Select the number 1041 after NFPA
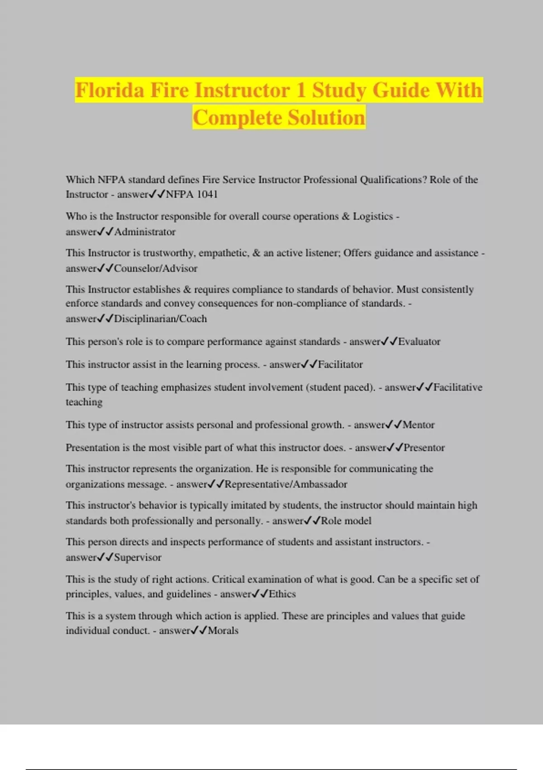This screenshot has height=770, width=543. click(207, 194)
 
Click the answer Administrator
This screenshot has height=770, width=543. click(145, 232)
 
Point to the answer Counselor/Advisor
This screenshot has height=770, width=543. click(156, 269)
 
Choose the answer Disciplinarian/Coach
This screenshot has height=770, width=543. click(160, 319)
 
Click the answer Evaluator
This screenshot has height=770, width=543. click(419, 342)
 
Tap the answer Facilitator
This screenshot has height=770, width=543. click(340, 365)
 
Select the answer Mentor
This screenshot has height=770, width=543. click(419, 425)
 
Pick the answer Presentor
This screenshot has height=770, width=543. click(424, 448)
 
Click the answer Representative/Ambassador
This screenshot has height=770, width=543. click(286, 484)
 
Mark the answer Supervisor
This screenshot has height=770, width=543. click(138, 558)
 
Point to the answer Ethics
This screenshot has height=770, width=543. click(282, 594)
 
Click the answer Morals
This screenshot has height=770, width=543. click(223, 630)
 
